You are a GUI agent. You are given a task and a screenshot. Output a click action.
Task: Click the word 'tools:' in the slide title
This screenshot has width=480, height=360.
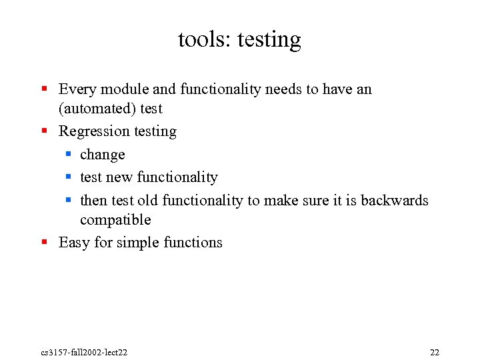coord(201,40)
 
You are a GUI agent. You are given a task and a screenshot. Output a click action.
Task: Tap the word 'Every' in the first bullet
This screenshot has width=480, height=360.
coord(77,89)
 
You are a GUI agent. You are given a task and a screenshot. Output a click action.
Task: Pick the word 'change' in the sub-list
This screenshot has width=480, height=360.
coord(102,155)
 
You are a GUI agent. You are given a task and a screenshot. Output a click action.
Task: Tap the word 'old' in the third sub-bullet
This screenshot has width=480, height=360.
coord(146,201)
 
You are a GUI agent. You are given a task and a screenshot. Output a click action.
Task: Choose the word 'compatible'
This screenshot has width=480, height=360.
coord(115,220)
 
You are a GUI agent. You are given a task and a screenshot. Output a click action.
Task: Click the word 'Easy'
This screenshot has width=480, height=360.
coord(74,243)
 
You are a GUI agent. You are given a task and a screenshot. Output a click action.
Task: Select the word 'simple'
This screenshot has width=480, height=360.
coord(138,243)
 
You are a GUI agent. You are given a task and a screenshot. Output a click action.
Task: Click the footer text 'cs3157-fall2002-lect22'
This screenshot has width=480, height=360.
coord(84,352)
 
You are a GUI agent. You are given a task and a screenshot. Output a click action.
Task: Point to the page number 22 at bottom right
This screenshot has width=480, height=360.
coord(434,352)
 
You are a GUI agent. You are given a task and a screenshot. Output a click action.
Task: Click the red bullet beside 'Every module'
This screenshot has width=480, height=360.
coord(44,89)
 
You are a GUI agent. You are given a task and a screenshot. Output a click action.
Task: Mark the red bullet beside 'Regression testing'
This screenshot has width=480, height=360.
coord(44,131)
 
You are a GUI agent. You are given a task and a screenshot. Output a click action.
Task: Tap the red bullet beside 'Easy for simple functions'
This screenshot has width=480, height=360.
coord(44,242)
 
